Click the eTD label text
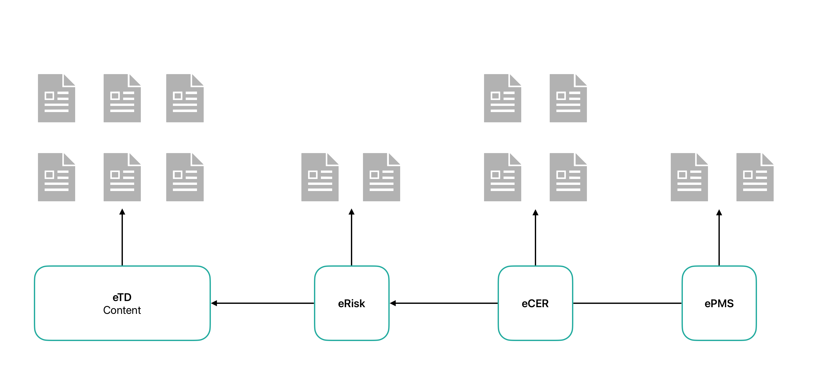pos(122,297)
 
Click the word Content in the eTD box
pos(122,310)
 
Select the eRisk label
pos(351,304)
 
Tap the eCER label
pos(535,304)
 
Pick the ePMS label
pos(719,304)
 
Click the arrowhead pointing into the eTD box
pos(214,303)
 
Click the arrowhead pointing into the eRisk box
pos(393,303)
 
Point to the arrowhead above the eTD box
pos(122,212)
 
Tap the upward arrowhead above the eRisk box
pos(351,212)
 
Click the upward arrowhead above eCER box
pos(535,213)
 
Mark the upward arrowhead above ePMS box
pos(719,213)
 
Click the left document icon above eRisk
pos(320,177)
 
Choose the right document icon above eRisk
pos(381,177)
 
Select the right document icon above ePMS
pos(755,177)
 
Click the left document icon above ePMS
pos(689,177)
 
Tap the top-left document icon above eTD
pos(56,98)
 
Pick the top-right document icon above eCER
pos(568,98)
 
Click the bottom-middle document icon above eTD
pos(122,177)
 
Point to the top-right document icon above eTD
pos(185,98)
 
